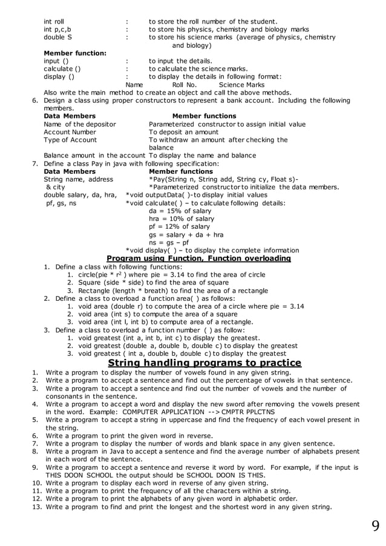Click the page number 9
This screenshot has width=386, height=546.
pyautogui.click(x=376, y=525)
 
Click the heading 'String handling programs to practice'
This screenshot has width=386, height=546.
pyautogui.click(x=204, y=363)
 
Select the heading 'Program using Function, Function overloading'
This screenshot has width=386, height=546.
pyautogui.click(x=199, y=258)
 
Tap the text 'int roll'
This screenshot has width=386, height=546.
pyautogui.click(x=54, y=21)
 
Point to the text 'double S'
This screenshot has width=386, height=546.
pyautogui.click(x=57, y=38)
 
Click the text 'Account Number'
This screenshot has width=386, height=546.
pyautogui.click(x=70, y=132)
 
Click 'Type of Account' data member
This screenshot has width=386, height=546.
pyautogui.click(x=71, y=140)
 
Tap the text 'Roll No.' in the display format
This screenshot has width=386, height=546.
pyautogui.click(x=185, y=85)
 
